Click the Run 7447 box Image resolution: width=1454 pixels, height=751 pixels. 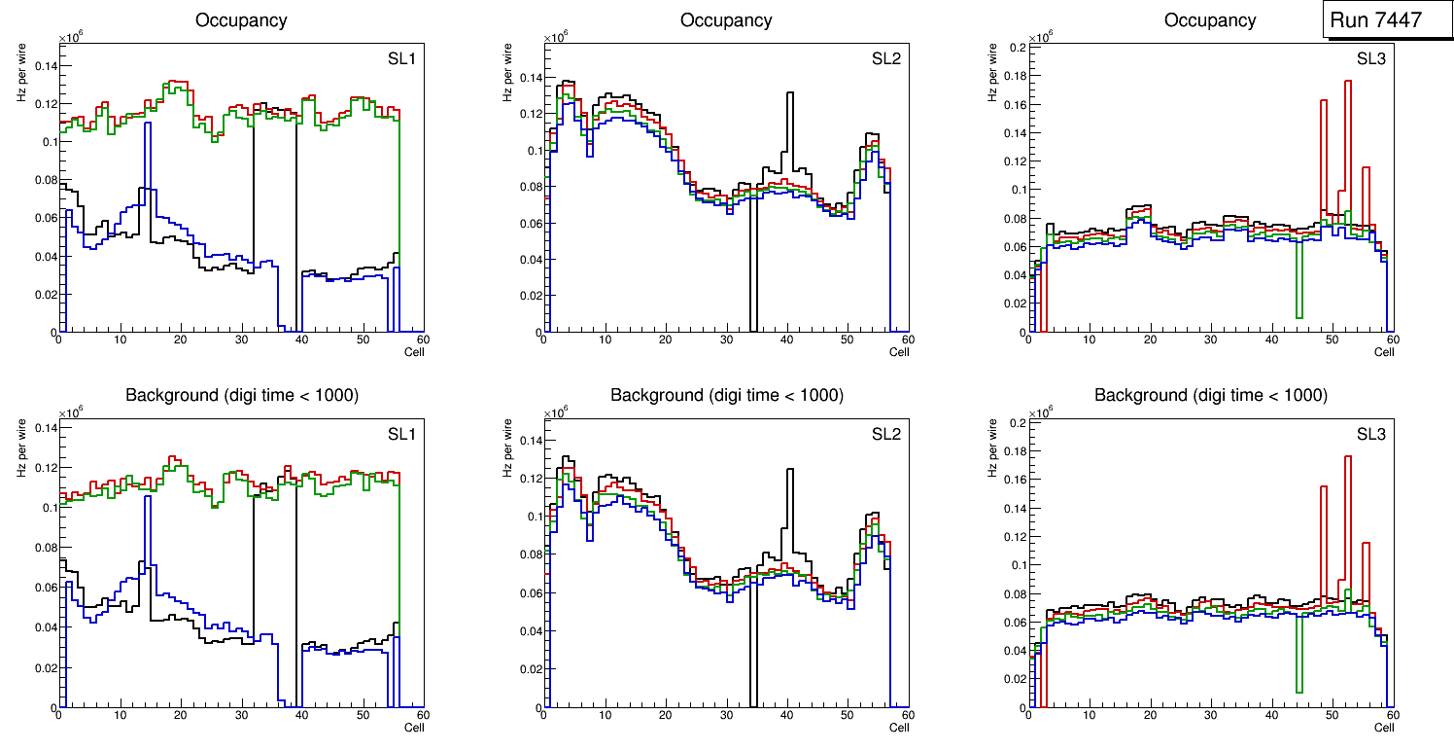tap(1380, 19)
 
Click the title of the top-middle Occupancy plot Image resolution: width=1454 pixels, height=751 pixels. tap(726, 20)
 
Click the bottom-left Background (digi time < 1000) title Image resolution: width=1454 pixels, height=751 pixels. tap(241, 395)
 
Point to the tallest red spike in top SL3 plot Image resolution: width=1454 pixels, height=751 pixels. tap(1348, 82)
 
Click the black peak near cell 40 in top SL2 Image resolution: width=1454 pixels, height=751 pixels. tap(790, 94)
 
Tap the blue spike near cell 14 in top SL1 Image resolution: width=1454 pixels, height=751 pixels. tap(148, 125)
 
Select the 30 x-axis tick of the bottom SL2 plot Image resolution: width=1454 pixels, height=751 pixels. tap(726, 717)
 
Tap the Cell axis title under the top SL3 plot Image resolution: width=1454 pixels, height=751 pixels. tap(1384, 352)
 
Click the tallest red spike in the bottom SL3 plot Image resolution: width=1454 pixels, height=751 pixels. tap(1348, 457)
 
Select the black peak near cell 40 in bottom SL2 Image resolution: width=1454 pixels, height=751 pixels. tap(790, 471)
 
